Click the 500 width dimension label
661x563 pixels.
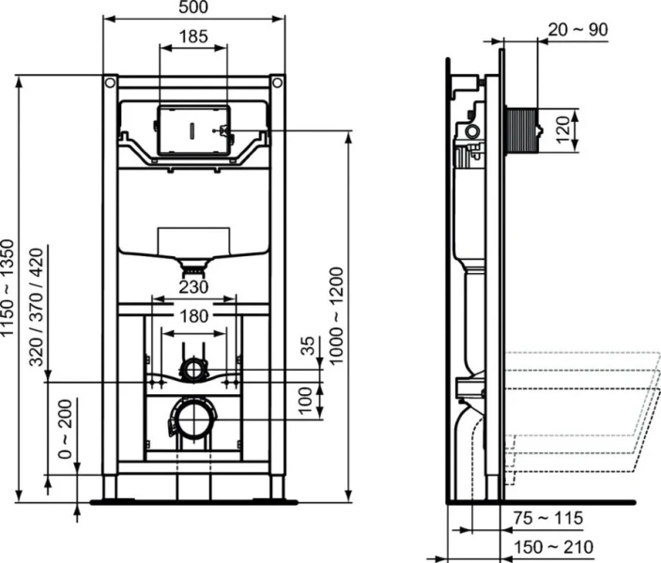click(192, 8)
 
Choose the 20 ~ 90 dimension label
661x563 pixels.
click(577, 29)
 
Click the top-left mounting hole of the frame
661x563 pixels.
click(111, 84)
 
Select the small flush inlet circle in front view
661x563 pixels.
click(192, 368)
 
